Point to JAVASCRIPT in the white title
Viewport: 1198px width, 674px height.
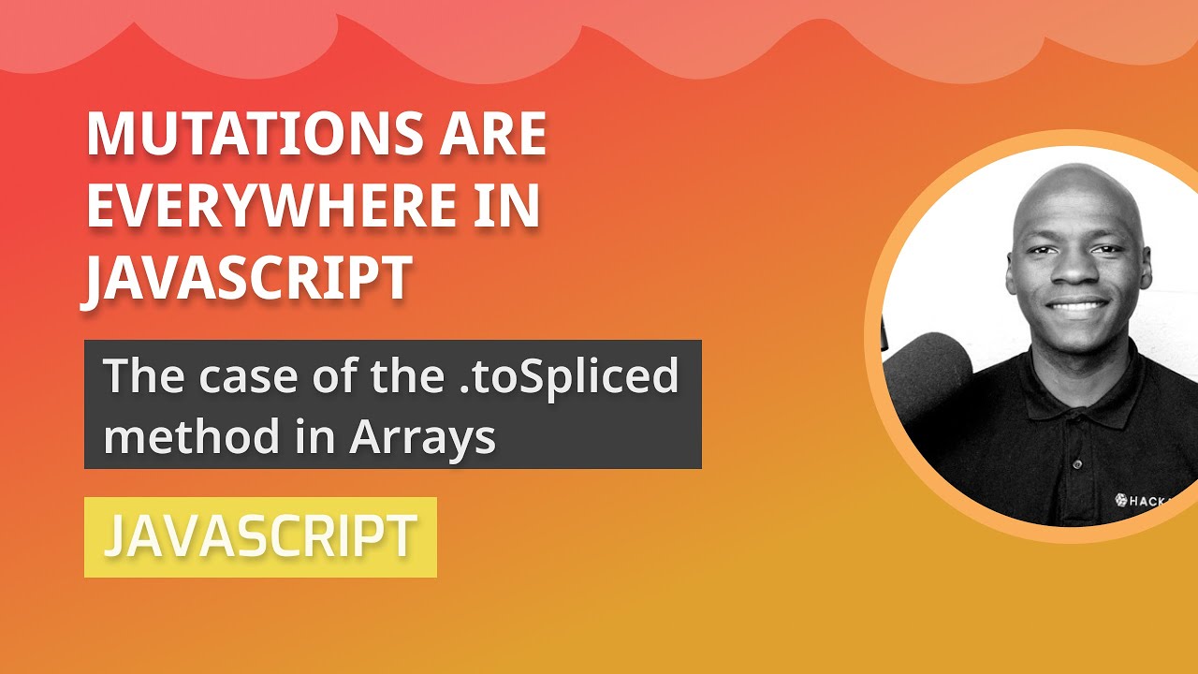(249, 278)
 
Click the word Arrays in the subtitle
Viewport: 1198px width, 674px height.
(422, 436)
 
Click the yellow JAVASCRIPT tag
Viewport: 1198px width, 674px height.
(260, 536)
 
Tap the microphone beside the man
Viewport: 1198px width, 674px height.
(927, 374)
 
